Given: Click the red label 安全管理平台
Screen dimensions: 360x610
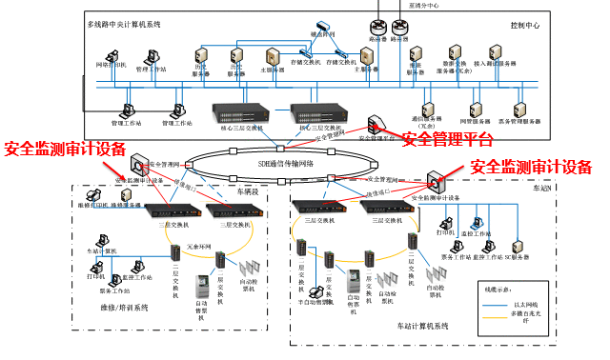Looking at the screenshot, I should pos(447,141).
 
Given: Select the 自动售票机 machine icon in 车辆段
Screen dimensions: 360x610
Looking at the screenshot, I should pos(201,286).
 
